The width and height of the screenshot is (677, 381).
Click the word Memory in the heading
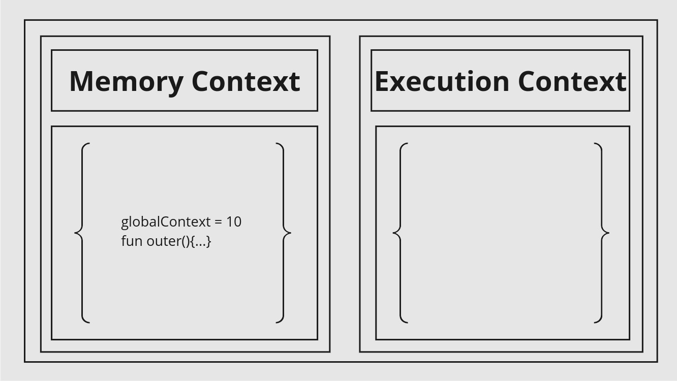(127, 82)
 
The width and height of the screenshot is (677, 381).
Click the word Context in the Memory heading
(245, 81)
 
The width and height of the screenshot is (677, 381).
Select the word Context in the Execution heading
(572, 81)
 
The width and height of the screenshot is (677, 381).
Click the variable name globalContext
(166, 223)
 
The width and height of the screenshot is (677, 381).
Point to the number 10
(234, 222)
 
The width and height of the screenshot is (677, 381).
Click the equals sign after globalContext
(218, 223)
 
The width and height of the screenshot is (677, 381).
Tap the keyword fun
(132, 241)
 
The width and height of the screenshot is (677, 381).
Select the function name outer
(164, 242)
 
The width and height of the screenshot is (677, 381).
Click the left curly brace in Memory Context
(82, 233)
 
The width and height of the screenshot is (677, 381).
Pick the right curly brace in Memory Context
(284, 233)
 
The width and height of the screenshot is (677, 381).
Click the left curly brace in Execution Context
(401, 233)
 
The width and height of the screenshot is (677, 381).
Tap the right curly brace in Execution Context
(602, 233)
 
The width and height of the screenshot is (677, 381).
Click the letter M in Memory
(82, 81)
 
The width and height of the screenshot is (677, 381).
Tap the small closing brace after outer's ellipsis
(209, 242)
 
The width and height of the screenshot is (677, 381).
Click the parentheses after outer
(186, 242)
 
